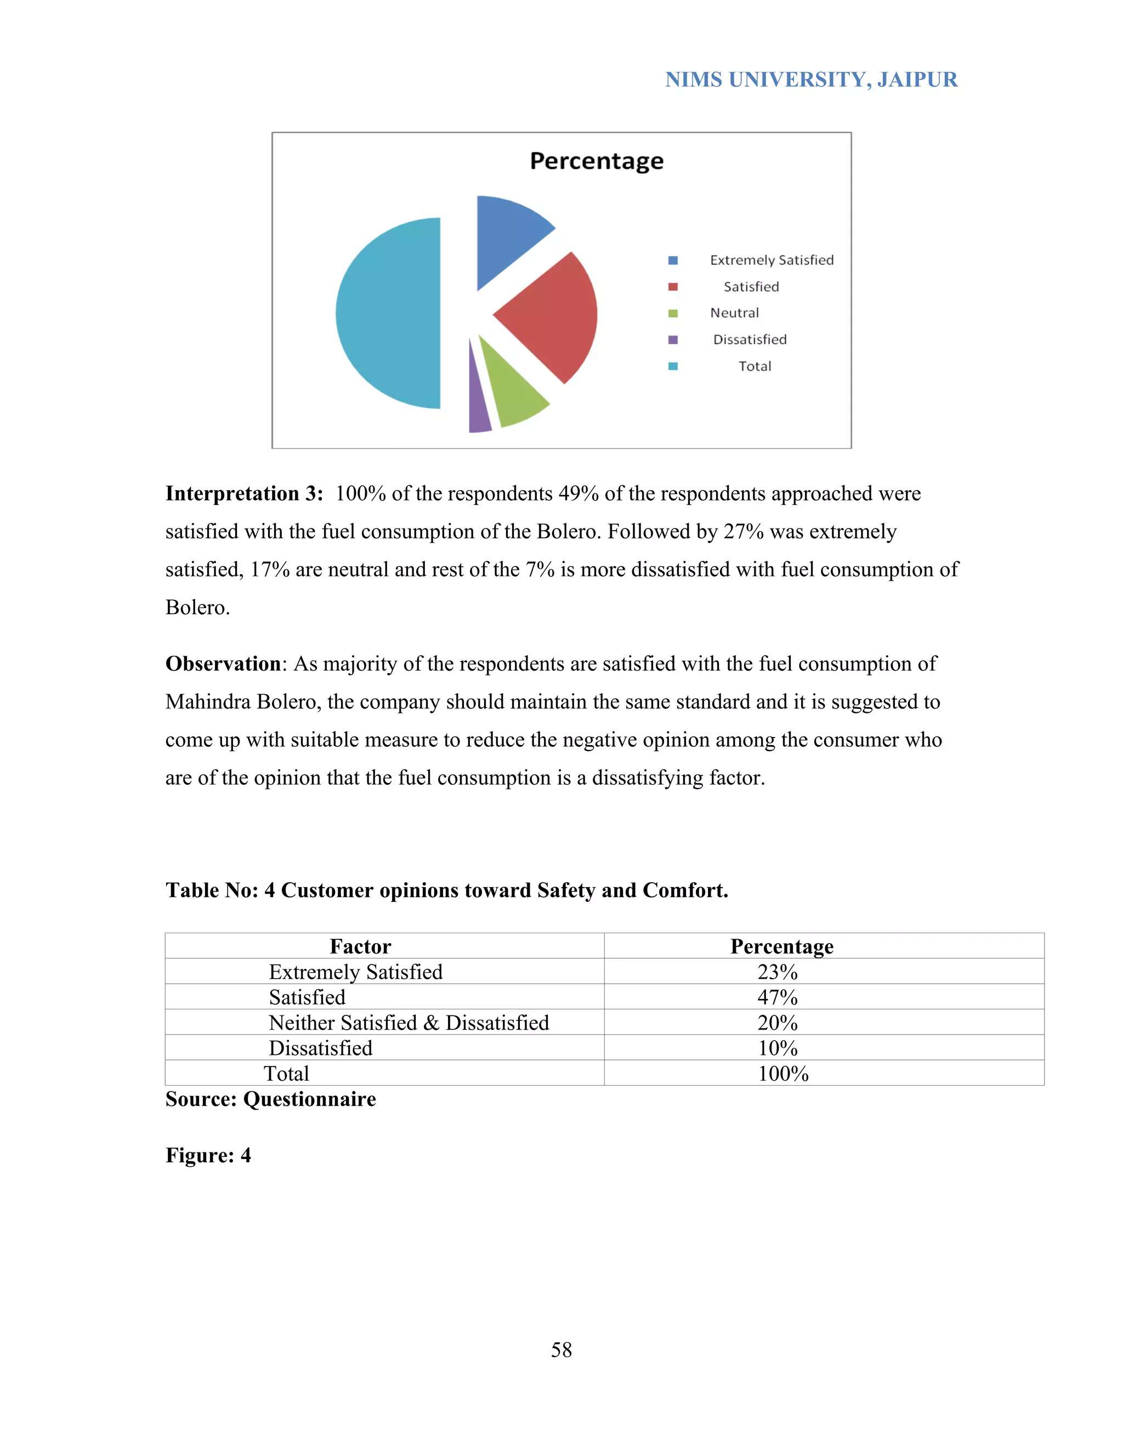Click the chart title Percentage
coord(596,161)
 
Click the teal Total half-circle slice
coord(389,313)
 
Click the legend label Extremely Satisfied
coord(771,260)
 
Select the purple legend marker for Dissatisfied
coord(673,340)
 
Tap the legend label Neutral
coord(734,313)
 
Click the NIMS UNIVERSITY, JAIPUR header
coord(811,80)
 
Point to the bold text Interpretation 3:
coord(243,493)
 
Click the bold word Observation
coord(223,664)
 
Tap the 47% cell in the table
coord(777,997)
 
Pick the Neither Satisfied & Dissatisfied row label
coord(409,1023)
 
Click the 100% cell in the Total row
coord(783,1073)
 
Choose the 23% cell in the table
coord(777,972)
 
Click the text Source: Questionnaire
coord(270,1099)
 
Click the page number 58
coord(561,1350)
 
